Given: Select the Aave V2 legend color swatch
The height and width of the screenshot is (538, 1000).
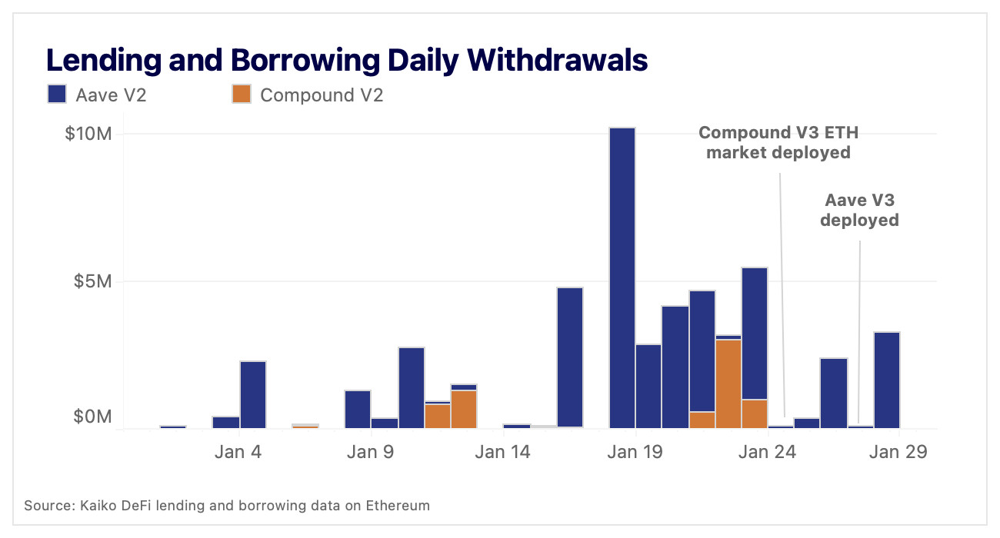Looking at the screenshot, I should [x=58, y=95].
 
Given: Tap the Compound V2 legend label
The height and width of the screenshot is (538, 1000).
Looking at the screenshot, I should [x=322, y=95].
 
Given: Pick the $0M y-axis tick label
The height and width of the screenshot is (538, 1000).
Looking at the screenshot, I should [x=92, y=417].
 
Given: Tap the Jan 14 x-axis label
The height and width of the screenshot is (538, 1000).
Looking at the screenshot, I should [x=502, y=452].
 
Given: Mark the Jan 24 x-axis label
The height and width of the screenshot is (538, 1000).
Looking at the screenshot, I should [x=765, y=452].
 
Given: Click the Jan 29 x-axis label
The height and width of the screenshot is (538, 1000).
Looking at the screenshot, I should [x=897, y=452].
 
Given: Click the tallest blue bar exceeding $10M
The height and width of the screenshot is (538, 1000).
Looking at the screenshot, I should [x=622, y=277].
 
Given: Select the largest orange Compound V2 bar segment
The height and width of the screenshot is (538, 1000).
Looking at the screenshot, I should [x=728, y=383].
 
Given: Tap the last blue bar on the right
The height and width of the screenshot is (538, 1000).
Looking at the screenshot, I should [x=886, y=380].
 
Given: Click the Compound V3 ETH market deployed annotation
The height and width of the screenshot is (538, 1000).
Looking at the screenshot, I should [x=778, y=142].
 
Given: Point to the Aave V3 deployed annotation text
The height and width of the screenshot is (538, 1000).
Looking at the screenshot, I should [x=858, y=210].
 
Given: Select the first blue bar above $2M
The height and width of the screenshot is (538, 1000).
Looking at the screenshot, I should [x=253, y=394].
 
